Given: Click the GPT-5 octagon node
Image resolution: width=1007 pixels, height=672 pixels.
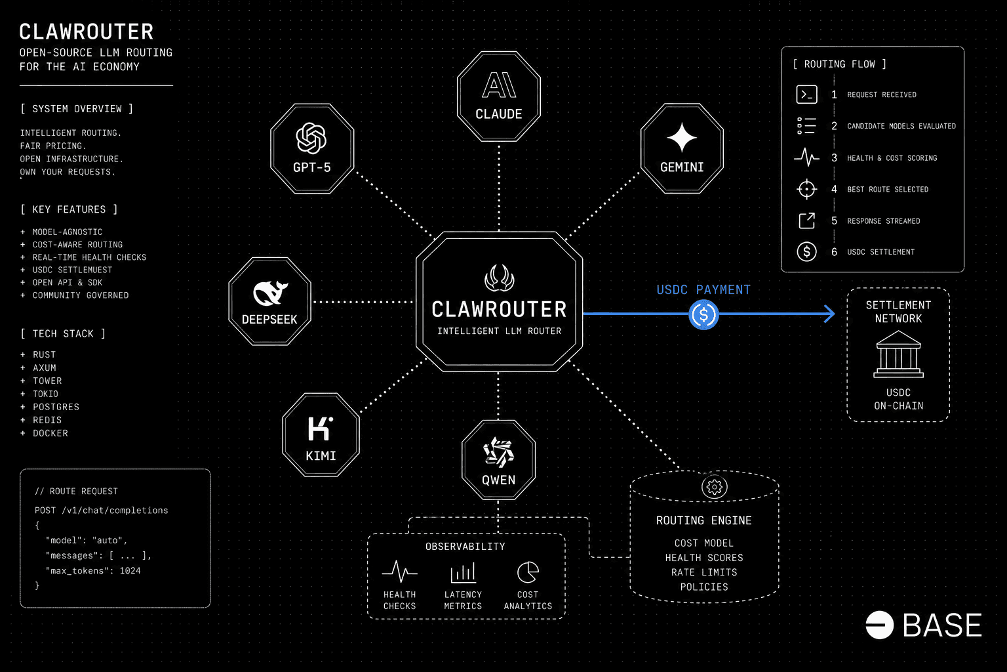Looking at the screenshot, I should [312, 148].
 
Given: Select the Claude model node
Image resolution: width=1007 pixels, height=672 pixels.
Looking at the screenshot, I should [498, 96].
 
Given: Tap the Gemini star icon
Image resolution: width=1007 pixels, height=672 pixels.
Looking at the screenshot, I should [682, 138].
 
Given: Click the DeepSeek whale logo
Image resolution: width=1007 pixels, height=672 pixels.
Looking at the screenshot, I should [270, 293].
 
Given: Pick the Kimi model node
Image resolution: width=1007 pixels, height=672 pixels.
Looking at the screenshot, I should [321, 435].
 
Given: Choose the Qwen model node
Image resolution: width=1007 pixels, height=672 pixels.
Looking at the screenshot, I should [498, 460].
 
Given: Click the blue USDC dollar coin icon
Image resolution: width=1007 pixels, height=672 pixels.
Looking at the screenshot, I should [703, 314].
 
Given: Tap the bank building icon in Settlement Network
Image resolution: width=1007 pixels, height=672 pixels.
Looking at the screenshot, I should [898, 354].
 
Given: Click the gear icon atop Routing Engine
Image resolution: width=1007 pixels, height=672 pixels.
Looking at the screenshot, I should [714, 487].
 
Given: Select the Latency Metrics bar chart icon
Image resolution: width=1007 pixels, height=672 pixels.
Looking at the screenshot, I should [463, 573].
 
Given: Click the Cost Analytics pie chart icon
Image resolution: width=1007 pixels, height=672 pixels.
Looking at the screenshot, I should [528, 572].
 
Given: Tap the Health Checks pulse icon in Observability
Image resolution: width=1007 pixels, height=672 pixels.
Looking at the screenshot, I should [399, 572].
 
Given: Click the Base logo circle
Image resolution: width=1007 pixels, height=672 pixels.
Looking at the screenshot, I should [879, 625].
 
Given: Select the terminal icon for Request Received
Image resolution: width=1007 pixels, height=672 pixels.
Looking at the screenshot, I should [806, 94].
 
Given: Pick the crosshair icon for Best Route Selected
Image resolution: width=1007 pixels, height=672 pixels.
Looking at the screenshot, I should [806, 189].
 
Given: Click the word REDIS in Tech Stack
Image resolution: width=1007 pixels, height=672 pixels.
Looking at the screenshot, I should [47, 420].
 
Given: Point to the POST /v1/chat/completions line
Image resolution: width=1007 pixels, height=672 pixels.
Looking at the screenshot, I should [102, 511].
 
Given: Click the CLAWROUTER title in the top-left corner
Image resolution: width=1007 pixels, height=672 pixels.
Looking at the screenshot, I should [87, 31].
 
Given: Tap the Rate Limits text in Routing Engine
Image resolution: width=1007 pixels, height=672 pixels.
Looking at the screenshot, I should [704, 572].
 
